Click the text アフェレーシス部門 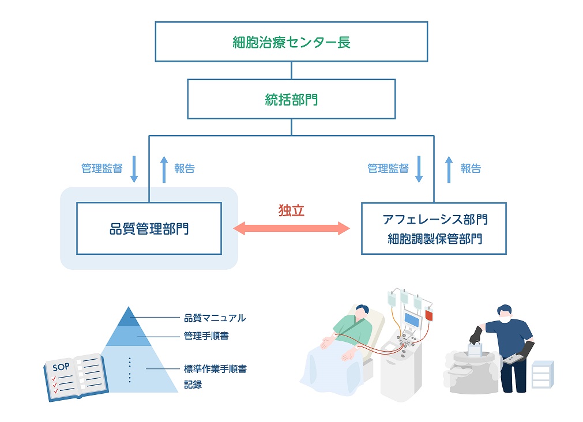(x=435, y=220)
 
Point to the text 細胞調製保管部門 (x=435, y=239)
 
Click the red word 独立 (x=291, y=210)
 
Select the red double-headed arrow (x=291, y=228)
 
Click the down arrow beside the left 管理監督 (x=134, y=169)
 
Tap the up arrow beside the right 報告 (x=449, y=169)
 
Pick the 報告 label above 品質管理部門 (x=185, y=168)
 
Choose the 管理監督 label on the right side (x=388, y=168)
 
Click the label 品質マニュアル (x=215, y=318)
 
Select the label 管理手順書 (x=206, y=336)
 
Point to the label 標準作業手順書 (x=215, y=369)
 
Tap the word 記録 (x=193, y=385)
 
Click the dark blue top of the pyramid (x=128, y=318)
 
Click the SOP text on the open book (x=61, y=367)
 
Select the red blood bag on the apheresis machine (x=428, y=315)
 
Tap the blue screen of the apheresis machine (x=412, y=320)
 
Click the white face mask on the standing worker (x=505, y=318)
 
